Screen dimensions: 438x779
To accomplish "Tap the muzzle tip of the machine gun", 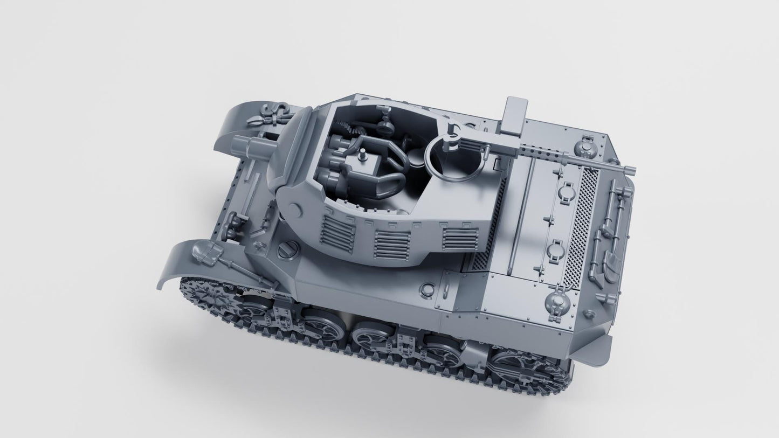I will pyautogui.click(x=631, y=171).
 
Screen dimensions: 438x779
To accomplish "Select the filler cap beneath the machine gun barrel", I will pyautogui.click(x=584, y=145).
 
